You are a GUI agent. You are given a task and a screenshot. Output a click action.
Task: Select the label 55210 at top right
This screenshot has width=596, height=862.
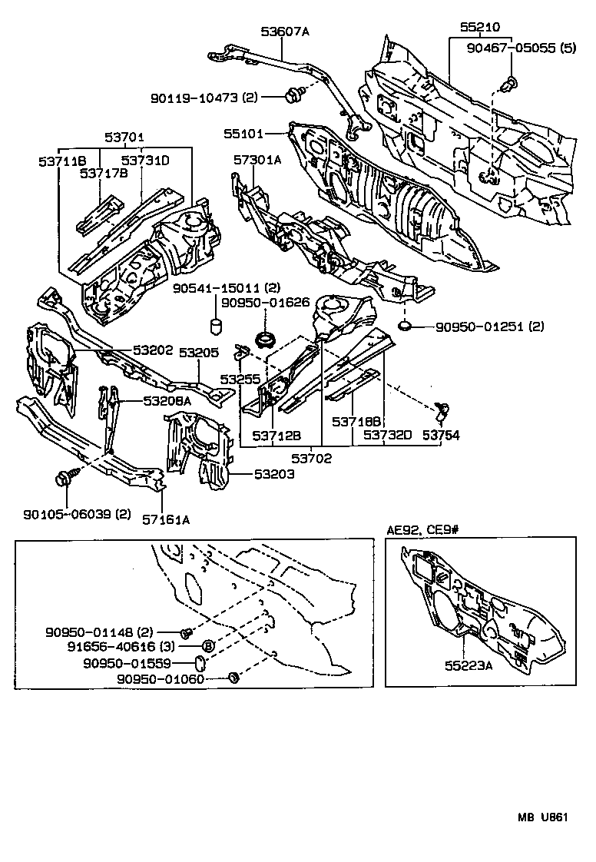coord(480,25)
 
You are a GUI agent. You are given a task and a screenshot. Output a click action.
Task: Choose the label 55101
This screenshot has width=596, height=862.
coord(243,134)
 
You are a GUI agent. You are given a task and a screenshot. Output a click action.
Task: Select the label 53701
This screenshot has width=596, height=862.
coord(124,138)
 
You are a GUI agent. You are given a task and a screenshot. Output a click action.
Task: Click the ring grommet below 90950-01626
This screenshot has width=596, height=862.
coord(266,340)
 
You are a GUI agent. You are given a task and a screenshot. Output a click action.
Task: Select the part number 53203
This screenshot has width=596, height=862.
coord(275,474)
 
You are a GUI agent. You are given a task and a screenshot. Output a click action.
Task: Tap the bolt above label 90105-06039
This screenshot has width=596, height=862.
coord(63,478)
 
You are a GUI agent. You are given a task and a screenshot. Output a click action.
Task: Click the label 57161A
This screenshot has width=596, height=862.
coord(165,519)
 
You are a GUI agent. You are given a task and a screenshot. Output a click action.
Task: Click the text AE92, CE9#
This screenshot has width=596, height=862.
coord(422,530)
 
